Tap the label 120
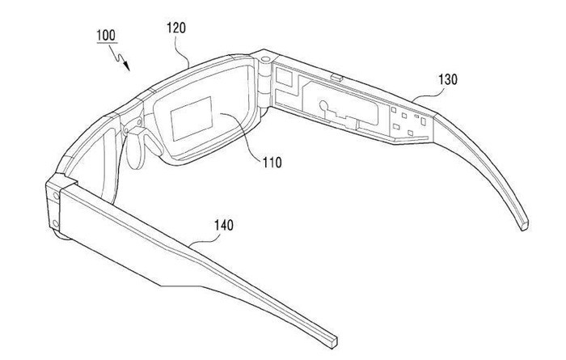177,28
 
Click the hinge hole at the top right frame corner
265,57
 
